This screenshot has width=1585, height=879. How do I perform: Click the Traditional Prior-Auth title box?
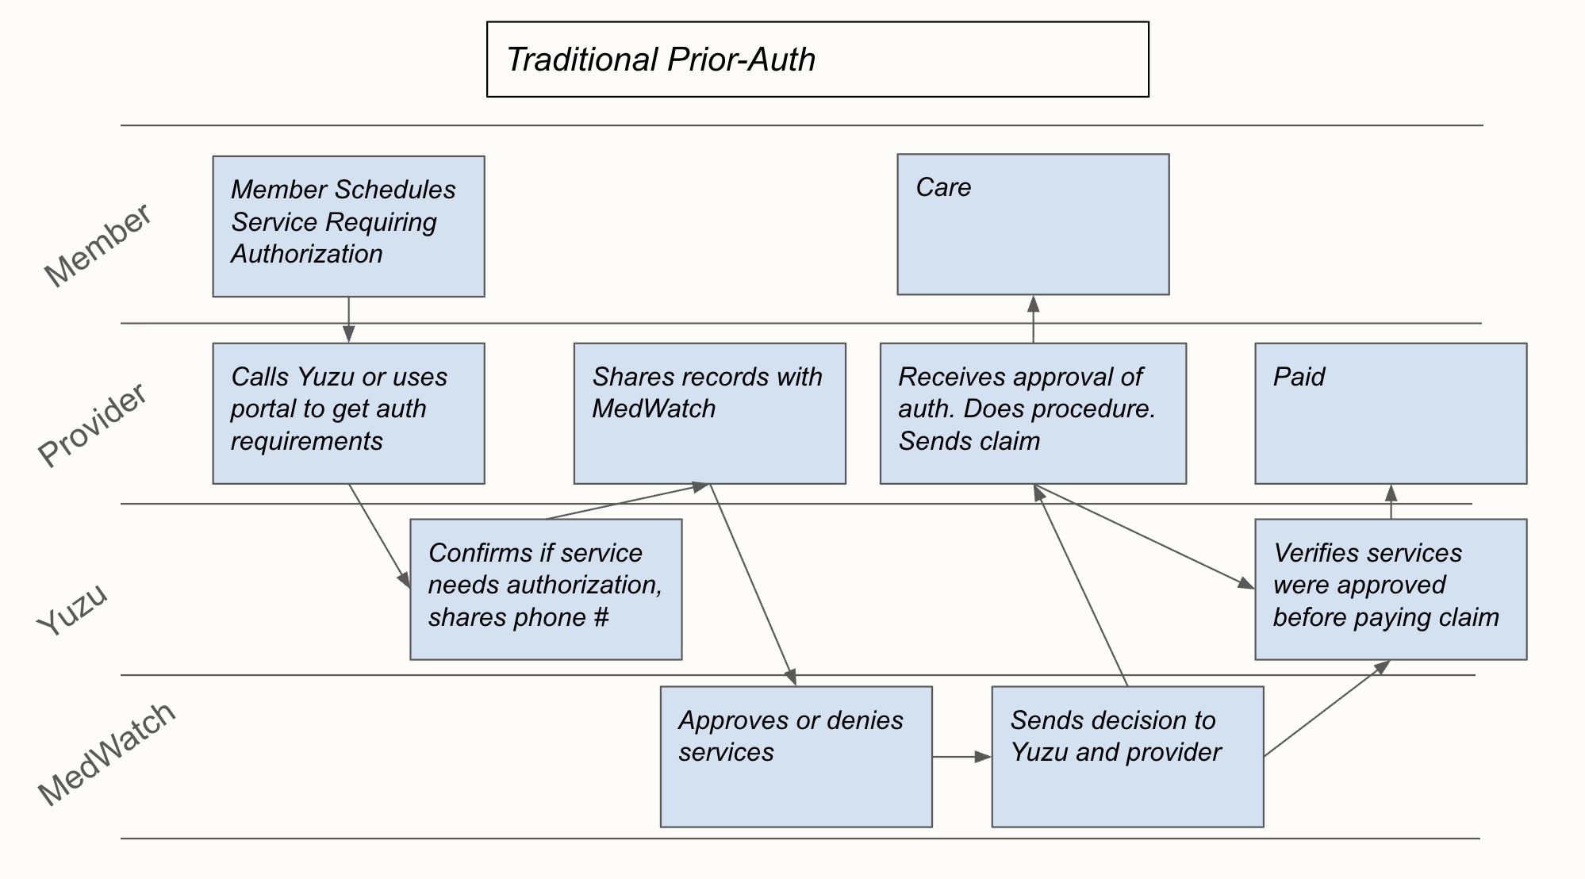click(817, 59)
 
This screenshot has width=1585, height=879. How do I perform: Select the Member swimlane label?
click(97, 245)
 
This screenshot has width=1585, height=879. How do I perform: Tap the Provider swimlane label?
click(93, 424)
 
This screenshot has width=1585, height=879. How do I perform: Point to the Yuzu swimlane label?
click(72, 608)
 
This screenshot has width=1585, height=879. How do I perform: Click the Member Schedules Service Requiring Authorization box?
click(348, 226)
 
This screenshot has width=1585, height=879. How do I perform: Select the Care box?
click(1033, 225)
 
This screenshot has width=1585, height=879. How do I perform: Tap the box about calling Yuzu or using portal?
click(348, 413)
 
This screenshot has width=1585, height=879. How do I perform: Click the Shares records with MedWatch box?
click(709, 413)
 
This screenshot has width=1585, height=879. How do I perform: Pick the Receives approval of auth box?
click(1033, 413)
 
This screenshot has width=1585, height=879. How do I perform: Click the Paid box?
click(1391, 413)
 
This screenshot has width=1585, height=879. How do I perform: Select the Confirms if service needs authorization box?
click(546, 589)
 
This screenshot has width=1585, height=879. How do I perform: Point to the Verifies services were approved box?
click(1391, 589)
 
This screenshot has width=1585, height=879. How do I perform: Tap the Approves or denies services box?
click(796, 757)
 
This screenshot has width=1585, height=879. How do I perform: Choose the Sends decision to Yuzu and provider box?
click(1127, 757)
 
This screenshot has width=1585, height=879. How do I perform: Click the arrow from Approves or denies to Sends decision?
click(961, 757)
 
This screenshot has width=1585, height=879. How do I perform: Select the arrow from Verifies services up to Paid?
click(1391, 501)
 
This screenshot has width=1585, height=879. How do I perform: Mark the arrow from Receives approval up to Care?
click(1033, 319)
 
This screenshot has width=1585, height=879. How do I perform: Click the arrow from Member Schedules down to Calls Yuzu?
click(348, 320)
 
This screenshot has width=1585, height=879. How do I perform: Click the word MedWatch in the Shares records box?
click(654, 409)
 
